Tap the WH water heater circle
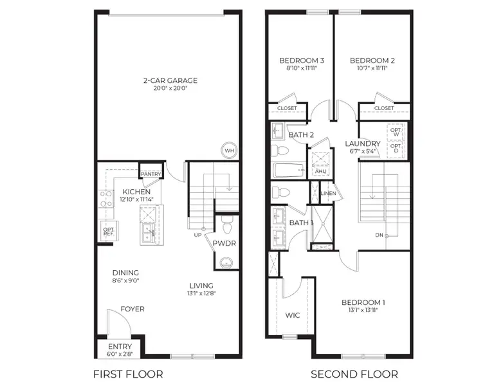[228, 151]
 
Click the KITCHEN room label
[136, 192]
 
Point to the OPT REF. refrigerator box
[107, 230]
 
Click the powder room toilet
[226, 226]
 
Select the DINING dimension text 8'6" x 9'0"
[125, 280]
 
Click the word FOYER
[133, 309]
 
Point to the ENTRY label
[120, 347]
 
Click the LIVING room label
[201, 286]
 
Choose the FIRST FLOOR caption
[128, 374]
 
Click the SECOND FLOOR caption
[354, 374]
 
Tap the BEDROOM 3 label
[301, 60]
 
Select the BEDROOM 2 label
[372, 60]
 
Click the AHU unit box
[320, 171]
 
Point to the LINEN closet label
[327, 193]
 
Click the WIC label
[293, 315]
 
